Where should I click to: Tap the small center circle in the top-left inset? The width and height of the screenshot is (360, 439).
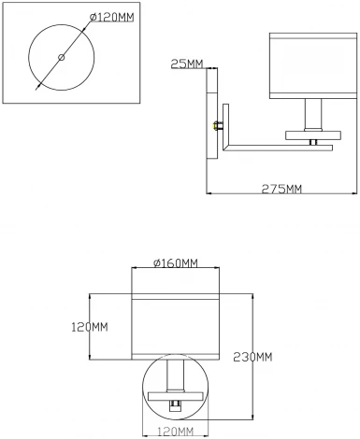62,58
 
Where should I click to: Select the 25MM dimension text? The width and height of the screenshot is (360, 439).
187,64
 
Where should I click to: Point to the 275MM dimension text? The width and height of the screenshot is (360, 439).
281,191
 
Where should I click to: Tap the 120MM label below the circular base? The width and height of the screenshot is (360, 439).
175,431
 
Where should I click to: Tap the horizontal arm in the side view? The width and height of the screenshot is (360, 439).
271,144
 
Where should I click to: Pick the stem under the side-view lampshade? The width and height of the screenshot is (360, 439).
315,116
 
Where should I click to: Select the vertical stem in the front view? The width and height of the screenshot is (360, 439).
175,375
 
